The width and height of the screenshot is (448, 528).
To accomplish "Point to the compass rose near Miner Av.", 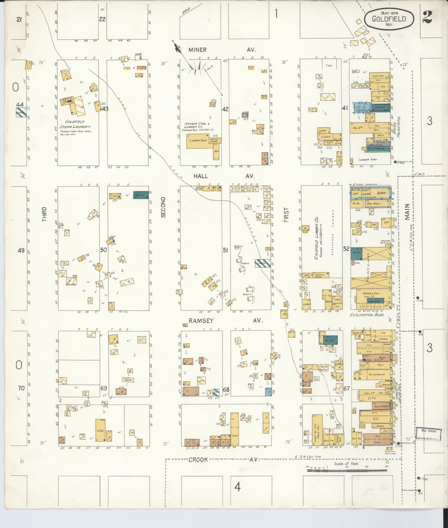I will [198, 66].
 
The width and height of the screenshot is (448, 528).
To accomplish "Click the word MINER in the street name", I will [197, 50].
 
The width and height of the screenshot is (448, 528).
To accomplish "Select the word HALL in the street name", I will [201, 176].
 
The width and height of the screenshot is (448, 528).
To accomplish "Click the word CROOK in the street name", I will [198, 460].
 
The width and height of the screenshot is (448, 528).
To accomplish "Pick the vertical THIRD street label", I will [45, 214].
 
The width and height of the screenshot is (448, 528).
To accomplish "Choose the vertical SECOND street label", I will [163, 207].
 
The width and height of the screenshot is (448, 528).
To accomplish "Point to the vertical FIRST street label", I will [286, 215].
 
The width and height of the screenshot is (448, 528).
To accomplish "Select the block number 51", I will [225, 250].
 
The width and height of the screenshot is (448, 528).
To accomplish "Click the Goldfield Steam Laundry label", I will [75, 124].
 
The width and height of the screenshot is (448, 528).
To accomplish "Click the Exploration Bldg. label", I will [367, 315].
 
